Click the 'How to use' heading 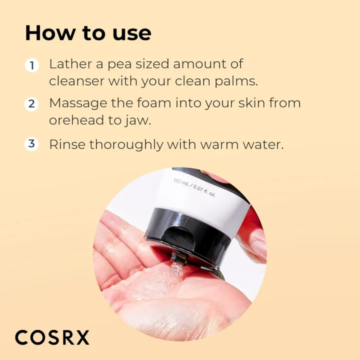(x=88, y=33)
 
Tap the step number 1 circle (x=31, y=65)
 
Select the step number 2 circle (x=31, y=104)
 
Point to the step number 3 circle (x=31, y=144)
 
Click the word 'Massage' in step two (x=77, y=104)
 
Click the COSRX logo (x=52, y=337)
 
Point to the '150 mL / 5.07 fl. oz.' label (x=194, y=187)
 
